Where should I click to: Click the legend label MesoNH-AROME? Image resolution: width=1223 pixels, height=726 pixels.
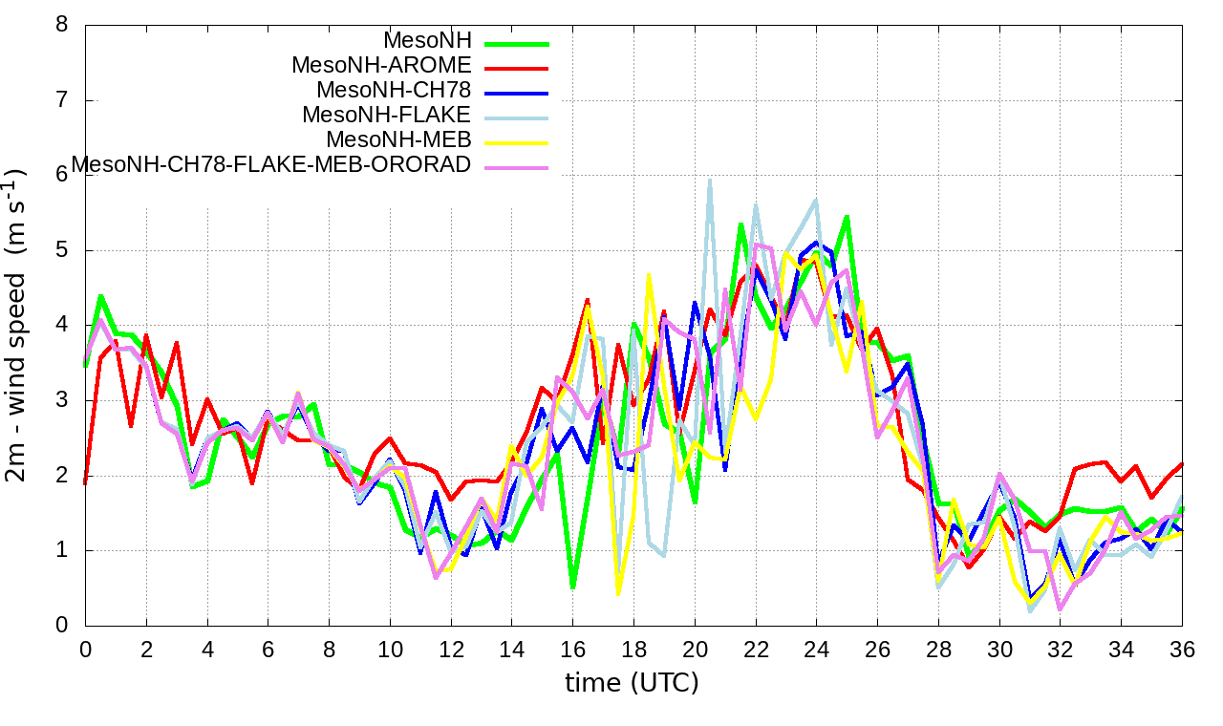point(381,66)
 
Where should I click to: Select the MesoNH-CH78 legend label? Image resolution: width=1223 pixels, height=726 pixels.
point(393,91)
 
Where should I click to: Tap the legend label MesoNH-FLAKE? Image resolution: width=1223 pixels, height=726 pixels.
point(386,116)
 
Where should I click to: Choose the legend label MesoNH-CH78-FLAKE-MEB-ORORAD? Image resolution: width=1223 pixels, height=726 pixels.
point(271,165)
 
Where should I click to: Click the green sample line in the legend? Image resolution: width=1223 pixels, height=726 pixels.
point(517,43)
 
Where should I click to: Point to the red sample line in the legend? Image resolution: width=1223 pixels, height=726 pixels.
point(517,68)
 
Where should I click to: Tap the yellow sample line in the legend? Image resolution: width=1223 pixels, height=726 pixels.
point(517,142)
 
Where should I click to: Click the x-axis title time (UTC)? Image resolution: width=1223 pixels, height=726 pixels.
point(632,683)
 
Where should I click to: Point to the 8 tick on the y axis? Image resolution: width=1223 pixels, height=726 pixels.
point(62,25)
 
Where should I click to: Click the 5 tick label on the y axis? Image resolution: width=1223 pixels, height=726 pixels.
point(62,250)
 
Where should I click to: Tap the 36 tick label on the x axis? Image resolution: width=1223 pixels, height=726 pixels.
point(1182,650)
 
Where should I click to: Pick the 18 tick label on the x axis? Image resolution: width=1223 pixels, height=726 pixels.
point(633,650)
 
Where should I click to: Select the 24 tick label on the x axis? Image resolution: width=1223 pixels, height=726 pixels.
point(816,650)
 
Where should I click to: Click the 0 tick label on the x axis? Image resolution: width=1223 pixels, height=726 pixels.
point(85,650)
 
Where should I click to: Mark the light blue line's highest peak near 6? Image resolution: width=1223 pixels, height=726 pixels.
point(709,180)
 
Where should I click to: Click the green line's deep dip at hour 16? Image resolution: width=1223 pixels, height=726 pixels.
point(572,587)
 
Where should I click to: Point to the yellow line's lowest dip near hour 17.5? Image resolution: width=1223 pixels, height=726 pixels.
point(618,593)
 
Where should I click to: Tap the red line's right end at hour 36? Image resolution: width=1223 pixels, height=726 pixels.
point(1182,464)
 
